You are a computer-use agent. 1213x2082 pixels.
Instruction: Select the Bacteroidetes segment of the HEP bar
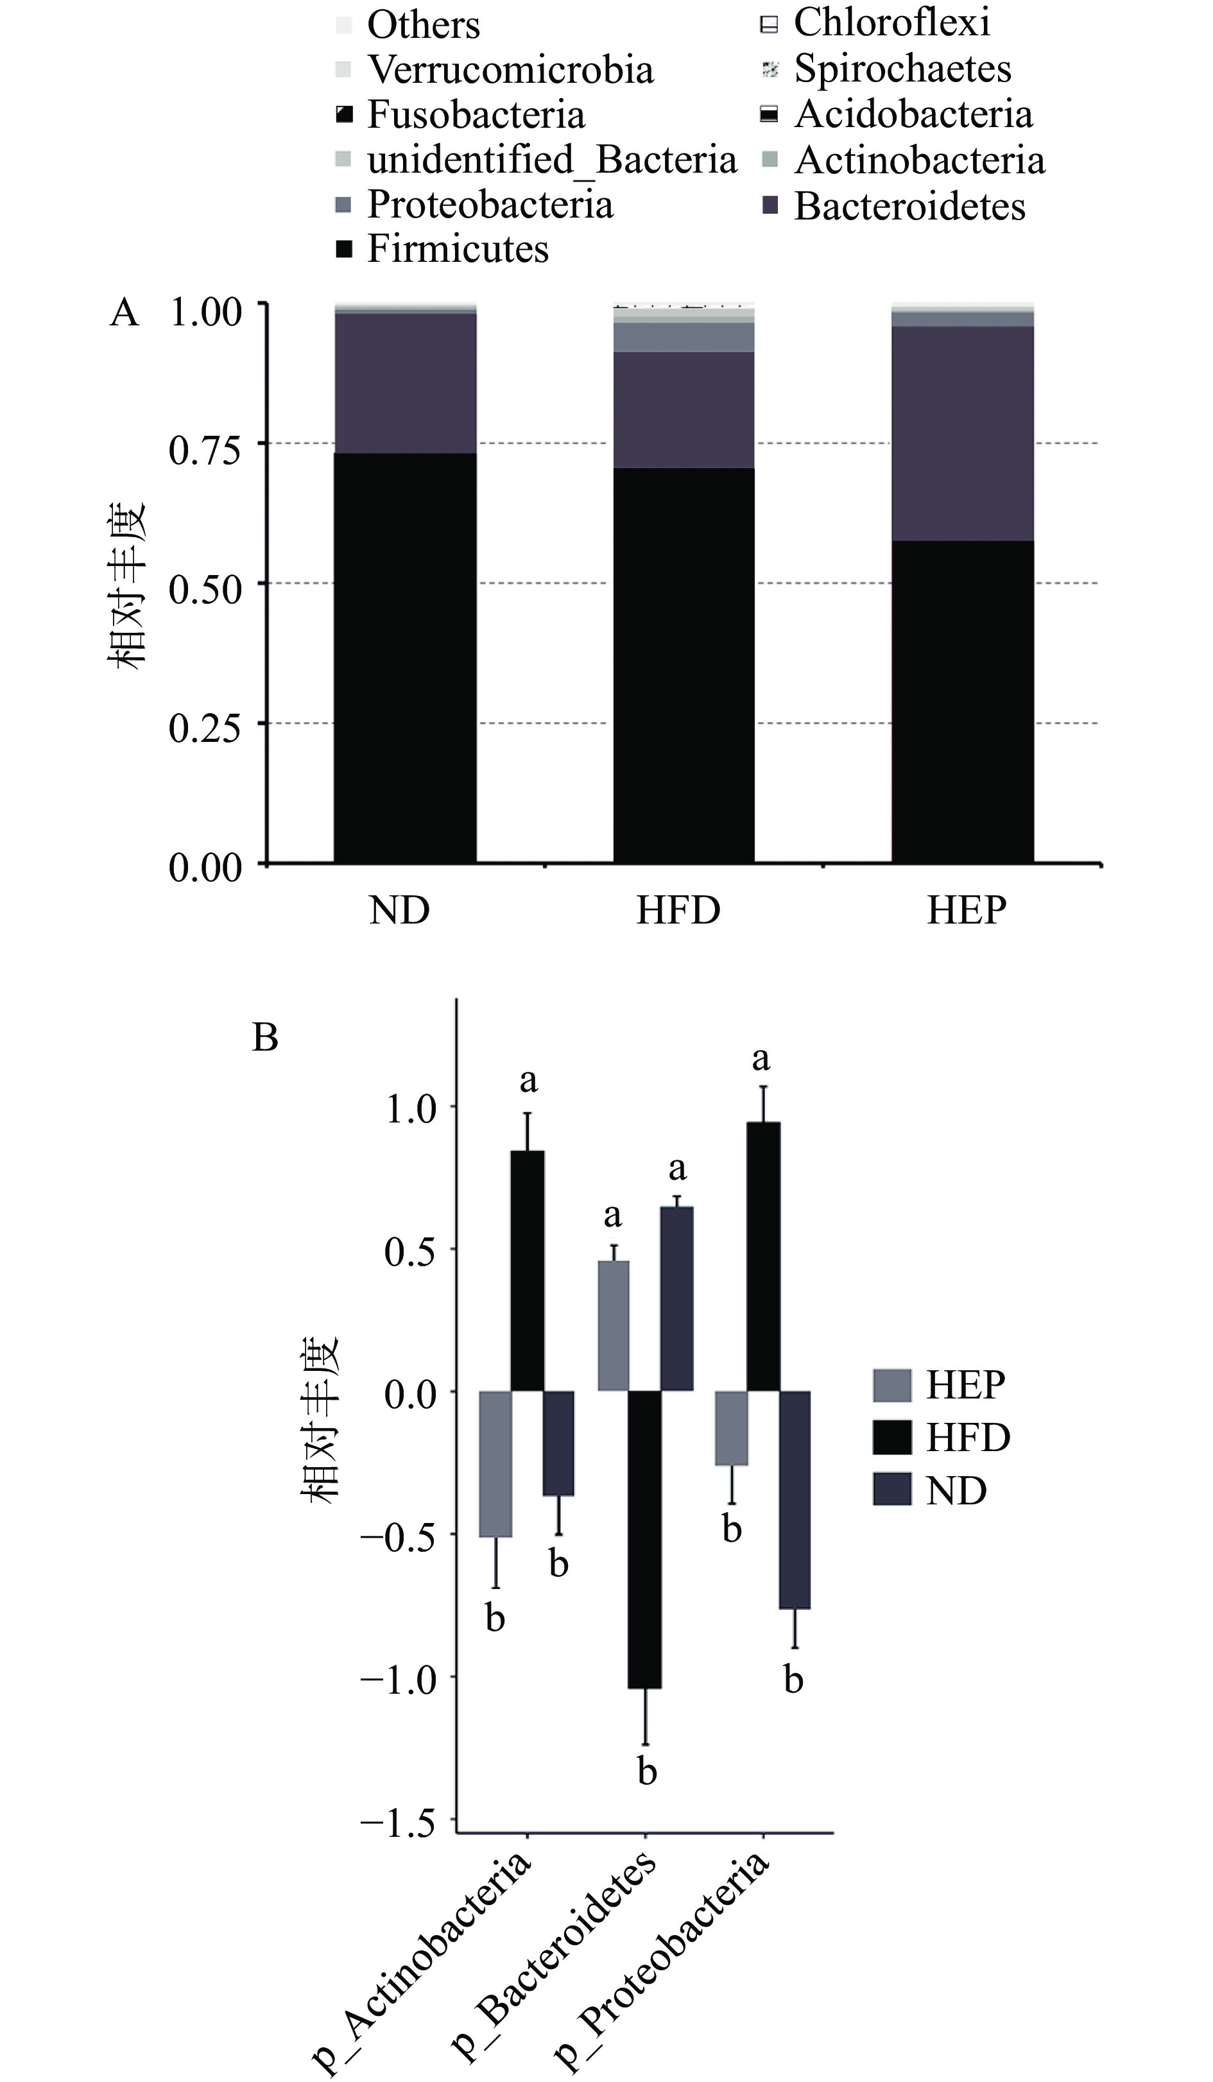click(x=963, y=433)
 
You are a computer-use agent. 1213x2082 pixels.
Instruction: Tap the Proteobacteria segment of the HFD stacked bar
click(x=684, y=337)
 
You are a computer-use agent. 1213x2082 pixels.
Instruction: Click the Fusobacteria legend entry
click(x=475, y=114)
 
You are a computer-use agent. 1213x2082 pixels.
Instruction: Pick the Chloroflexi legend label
click(x=891, y=22)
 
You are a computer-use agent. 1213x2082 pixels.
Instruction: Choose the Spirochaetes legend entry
click(x=902, y=69)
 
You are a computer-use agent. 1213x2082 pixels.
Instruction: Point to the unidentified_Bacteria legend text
click(x=551, y=159)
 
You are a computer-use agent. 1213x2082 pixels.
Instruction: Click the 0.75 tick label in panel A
click(x=205, y=451)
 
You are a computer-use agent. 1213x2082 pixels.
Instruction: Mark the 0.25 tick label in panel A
click(x=205, y=728)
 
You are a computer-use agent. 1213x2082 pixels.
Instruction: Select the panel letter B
click(x=264, y=1038)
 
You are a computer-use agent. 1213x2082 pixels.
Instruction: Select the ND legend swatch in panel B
click(x=891, y=1490)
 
